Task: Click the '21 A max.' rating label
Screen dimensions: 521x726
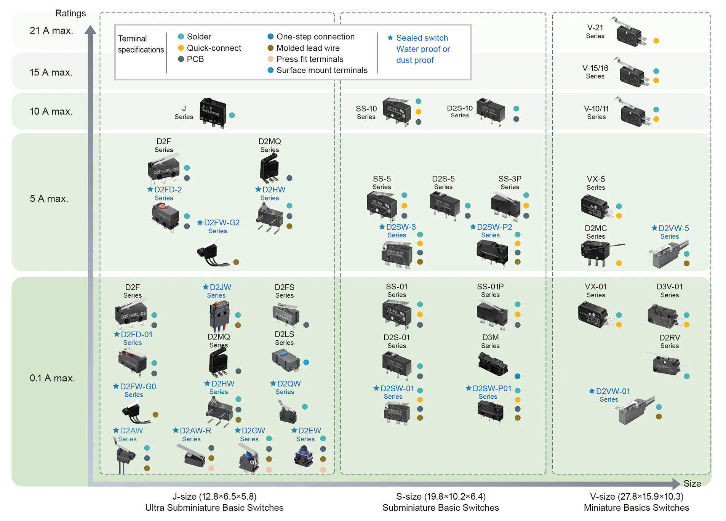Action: pyautogui.click(x=51, y=30)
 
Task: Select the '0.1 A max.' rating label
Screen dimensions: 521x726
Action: pyautogui.click(x=52, y=378)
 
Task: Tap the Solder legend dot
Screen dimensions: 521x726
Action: pyautogui.click(x=181, y=37)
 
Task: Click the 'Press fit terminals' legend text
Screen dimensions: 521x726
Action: pyautogui.click(x=310, y=59)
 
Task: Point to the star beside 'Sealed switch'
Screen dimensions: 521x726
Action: pyautogui.click(x=390, y=38)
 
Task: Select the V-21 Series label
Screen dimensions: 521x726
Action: pyautogui.click(x=595, y=31)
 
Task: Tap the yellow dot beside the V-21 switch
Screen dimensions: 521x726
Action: pyautogui.click(x=656, y=41)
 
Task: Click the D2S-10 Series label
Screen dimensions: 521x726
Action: pyautogui.click(x=460, y=111)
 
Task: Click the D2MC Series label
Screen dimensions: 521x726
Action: pyautogui.click(x=596, y=232)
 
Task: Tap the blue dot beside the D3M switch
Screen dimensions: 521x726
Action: pyautogui.click(x=517, y=376)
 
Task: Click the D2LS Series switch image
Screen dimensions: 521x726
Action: pyautogui.click(x=286, y=360)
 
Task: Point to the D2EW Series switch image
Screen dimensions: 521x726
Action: pyautogui.click(x=304, y=457)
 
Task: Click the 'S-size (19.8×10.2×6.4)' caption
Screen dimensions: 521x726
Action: pyautogui.click(x=440, y=496)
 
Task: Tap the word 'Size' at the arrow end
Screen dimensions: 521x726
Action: pyautogui.click(x=692, y=483)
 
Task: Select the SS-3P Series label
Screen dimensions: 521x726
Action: pyautogui.click(x=510, y=182)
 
